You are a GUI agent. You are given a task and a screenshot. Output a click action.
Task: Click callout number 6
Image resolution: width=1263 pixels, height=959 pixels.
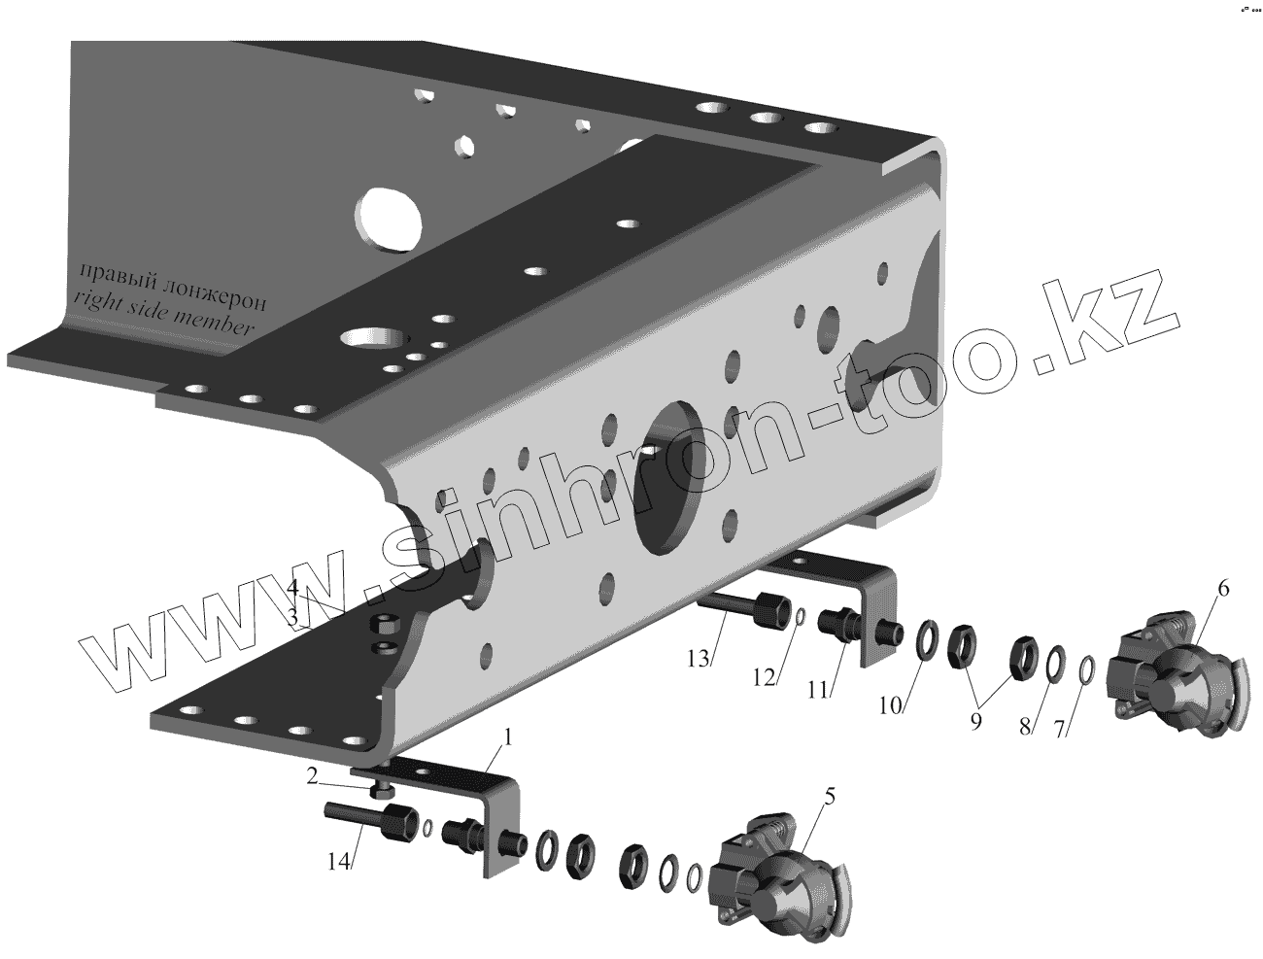1223,589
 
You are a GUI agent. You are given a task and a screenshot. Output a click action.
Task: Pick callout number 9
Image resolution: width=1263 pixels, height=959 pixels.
975,721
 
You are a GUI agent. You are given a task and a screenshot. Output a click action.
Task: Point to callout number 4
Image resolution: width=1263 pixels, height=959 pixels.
291,588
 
